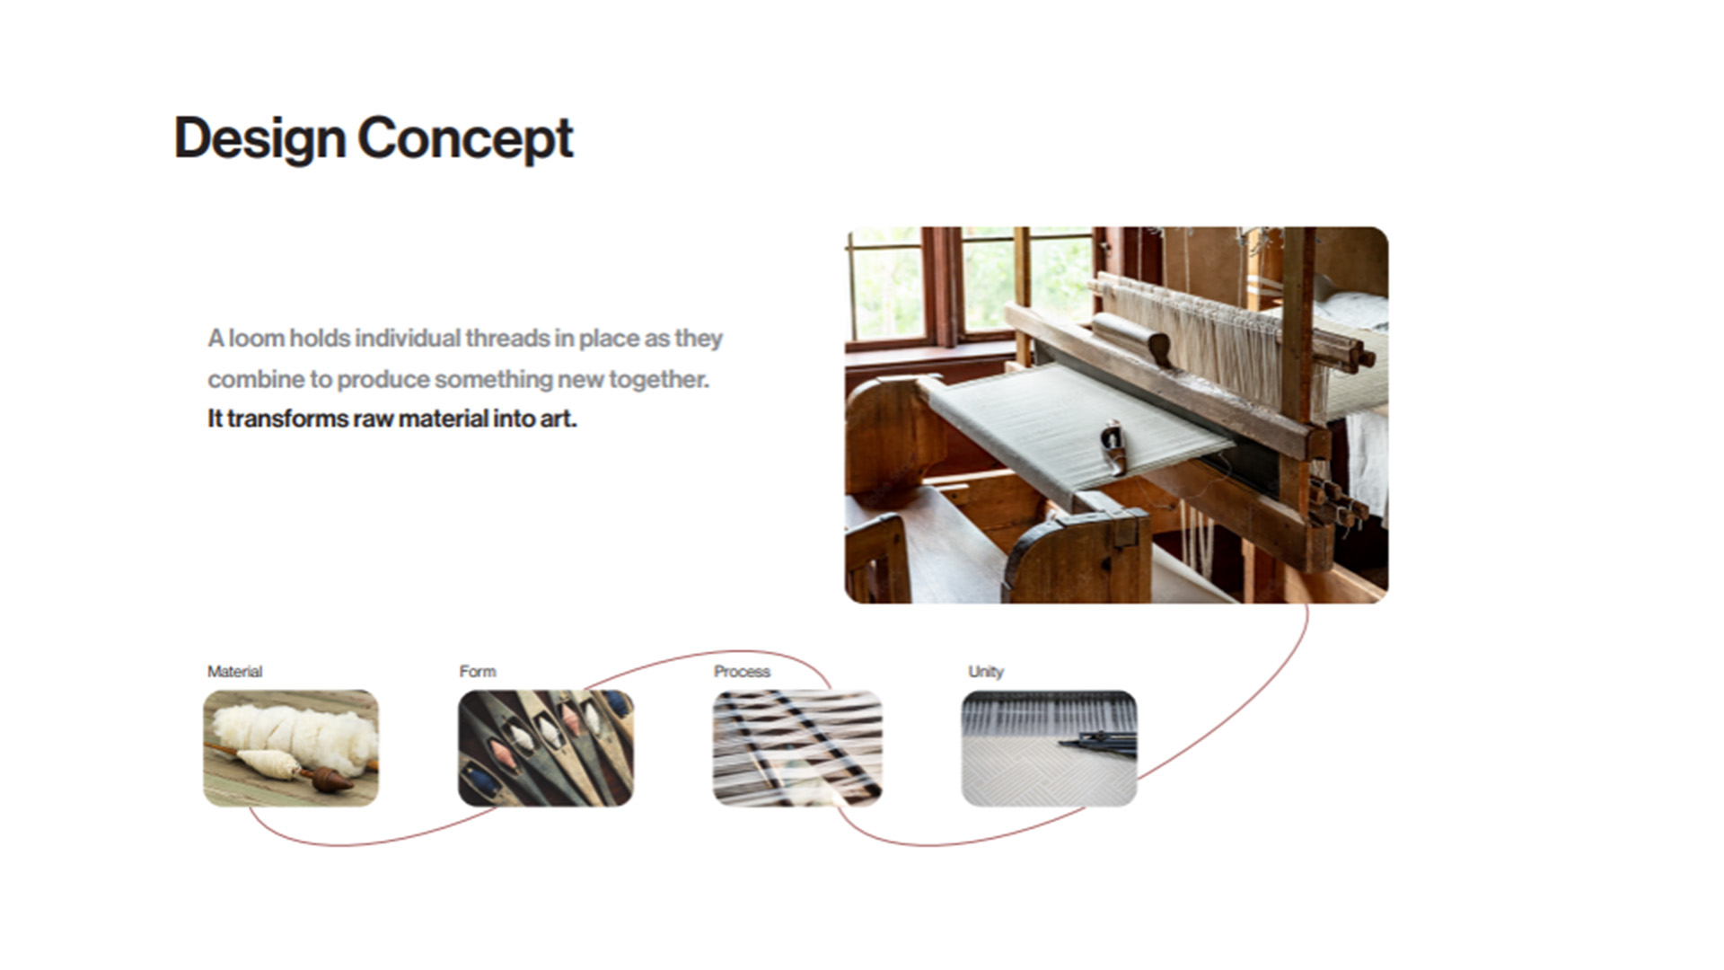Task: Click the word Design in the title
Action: (x=259, y=139)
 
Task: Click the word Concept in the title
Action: (x=465, y=139)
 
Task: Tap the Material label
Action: (x=234, y=671)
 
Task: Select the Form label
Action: (x=477, y=671)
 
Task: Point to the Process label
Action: (x=742, y=671)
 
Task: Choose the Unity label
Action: (x=985, y=671)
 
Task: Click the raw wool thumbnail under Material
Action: (x=291, y=748)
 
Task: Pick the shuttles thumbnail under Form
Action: (x=546, y=748)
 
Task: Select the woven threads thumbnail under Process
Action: (x=797, y=748)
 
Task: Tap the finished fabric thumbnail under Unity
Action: (x=1049, y=748)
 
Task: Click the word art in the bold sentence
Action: (x=558, y=419)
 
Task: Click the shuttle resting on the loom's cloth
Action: (x=1113, y=446)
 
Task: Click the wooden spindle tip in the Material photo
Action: (x=332, y=779)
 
